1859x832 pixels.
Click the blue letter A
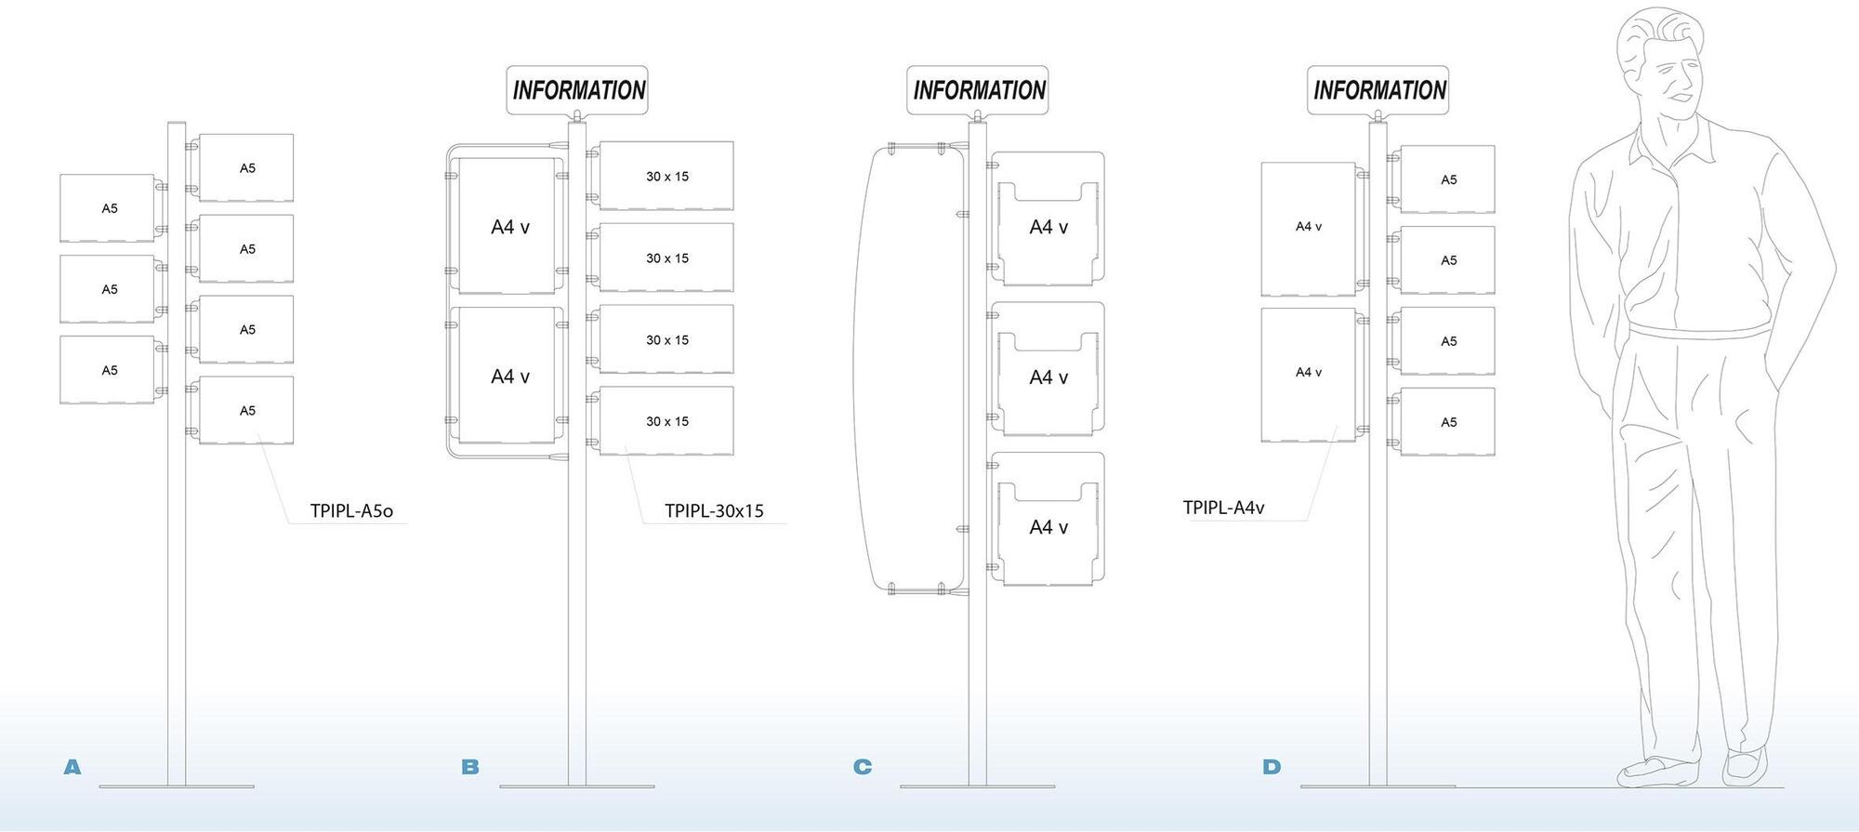(73, 767)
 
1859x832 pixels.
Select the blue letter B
(470, 767)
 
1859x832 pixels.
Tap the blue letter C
(863, 767)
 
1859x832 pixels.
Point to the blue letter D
(1272, 767)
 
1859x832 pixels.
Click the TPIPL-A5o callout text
(351, 510)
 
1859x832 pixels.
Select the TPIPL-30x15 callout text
(714, 510)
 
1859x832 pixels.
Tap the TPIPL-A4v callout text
(1223, 508)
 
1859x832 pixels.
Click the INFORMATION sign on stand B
(577, 90)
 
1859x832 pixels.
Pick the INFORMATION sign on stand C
(978, 90)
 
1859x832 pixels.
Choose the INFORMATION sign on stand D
(1378, 90)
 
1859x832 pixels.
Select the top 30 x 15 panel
(666, 176)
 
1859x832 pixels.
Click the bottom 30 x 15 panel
(666, 421)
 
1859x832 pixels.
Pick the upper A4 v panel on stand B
(508, 226)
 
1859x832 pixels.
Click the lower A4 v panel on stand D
(1308, 374)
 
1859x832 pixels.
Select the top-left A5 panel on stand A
(108, 208)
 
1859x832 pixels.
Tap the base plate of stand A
(177, 786)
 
